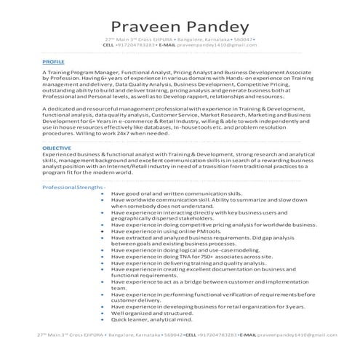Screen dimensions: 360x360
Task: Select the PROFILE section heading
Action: tap(53, 63)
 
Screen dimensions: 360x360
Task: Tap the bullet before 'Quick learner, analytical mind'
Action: tap(103, 319)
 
